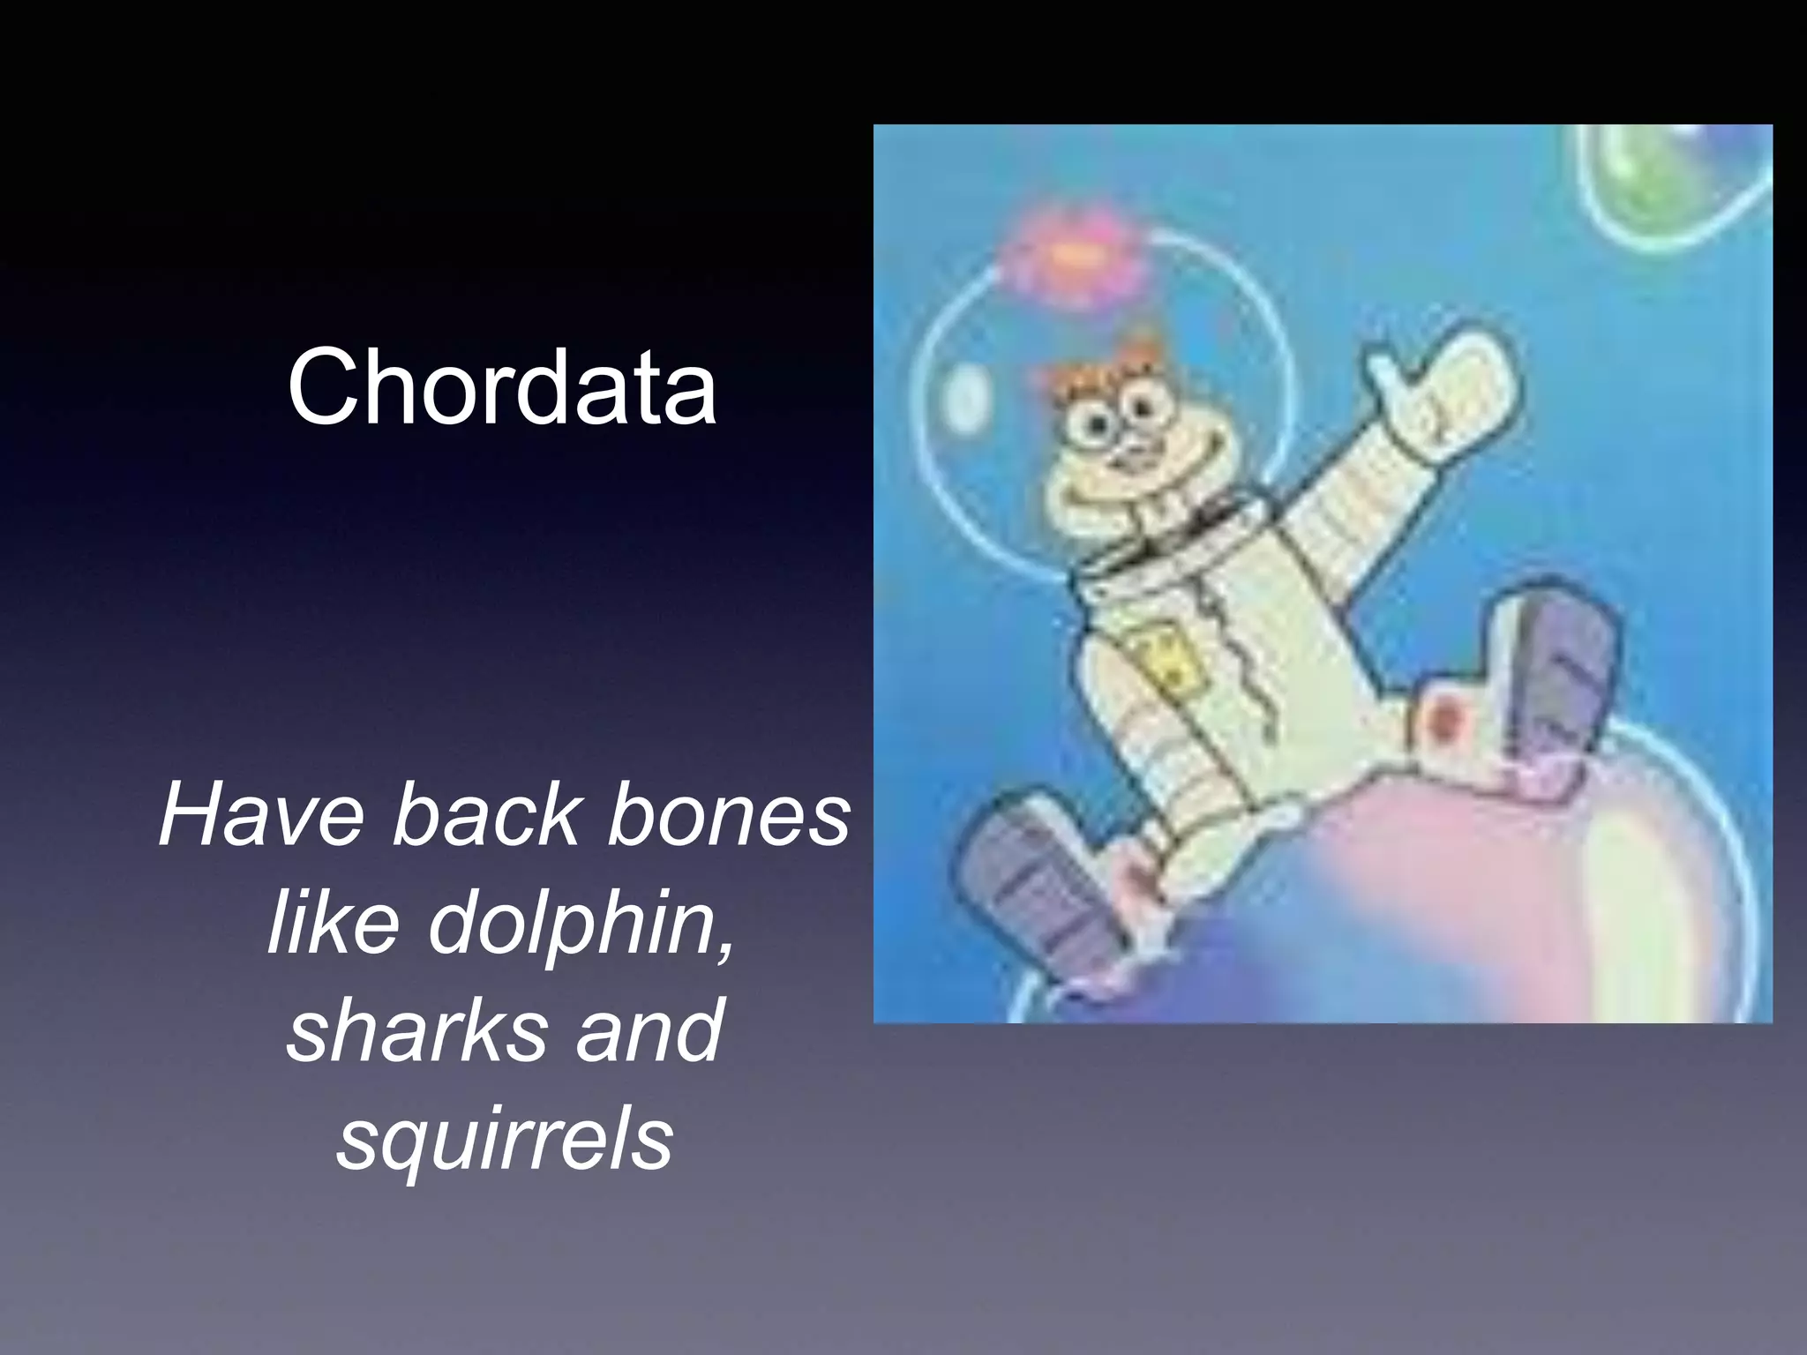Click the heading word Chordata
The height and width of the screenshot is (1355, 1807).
point(501,386)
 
